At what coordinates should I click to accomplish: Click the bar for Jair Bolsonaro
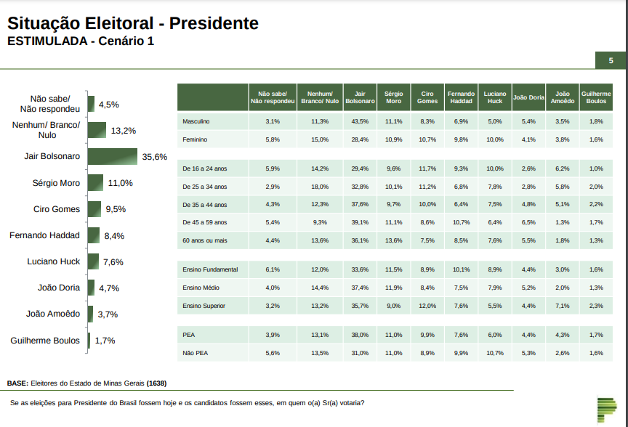[113, 157]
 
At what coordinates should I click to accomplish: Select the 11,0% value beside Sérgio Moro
[120, 183]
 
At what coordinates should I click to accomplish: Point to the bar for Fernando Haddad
[93, 235]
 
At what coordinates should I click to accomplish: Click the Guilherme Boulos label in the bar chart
[45, 340]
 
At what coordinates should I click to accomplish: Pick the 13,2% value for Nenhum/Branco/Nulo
[124, 131]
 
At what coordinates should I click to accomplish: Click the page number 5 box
[611, 61]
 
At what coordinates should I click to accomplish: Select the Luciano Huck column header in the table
[495, 97]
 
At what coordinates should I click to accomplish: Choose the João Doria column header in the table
[528, 97]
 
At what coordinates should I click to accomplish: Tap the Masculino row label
[196, 121]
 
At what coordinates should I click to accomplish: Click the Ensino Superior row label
[204, 306]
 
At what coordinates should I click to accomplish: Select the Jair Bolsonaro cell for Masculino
[359, 121]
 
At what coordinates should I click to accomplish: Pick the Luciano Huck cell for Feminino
[495, 139]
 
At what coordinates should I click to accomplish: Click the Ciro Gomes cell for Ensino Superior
[427, 306]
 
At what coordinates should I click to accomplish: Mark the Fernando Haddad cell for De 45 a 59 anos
[461, 222]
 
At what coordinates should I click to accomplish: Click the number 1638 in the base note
[156, 383]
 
